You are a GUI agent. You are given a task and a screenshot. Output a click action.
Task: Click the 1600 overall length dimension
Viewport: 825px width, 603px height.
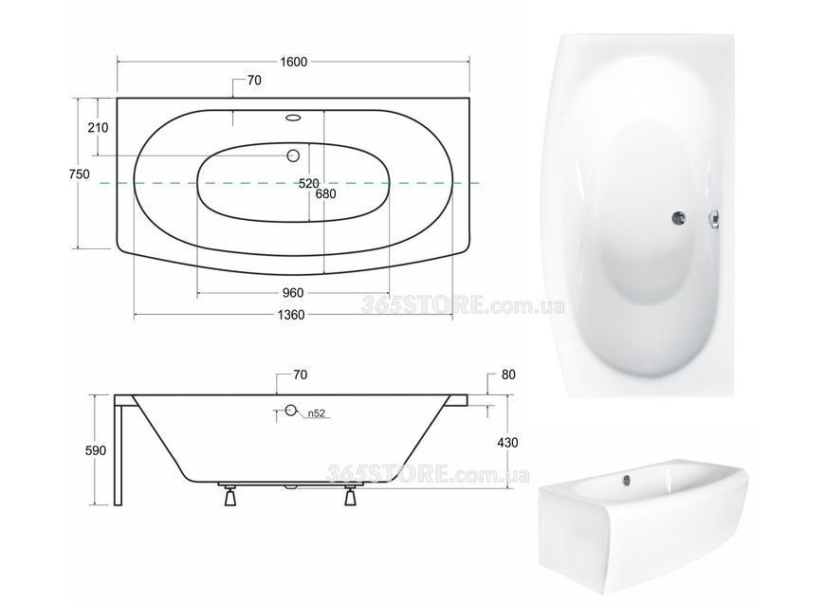[x=293, y=62]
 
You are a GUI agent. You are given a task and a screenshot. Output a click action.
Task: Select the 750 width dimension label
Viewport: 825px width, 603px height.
[x=80, y=174]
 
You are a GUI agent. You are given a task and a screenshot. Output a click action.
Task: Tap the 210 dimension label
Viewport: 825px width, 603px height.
[x=98, y=127]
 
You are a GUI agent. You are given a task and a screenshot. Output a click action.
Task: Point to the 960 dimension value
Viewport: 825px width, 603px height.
[x=293, y=293]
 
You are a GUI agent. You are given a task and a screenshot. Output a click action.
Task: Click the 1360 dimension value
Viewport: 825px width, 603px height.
[x=291, y=315]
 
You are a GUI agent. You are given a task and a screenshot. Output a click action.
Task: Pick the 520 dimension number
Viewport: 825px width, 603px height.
[x=309, y=183]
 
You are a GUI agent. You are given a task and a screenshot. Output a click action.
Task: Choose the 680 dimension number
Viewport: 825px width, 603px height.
[x=325, y=193]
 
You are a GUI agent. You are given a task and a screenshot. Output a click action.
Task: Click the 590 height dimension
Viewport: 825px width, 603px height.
[x=96, y=450]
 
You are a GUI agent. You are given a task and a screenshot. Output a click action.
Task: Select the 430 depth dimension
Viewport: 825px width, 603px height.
[x=507, y=443]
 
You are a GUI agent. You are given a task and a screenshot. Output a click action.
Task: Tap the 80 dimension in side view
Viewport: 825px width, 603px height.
[x=509, y=375]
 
